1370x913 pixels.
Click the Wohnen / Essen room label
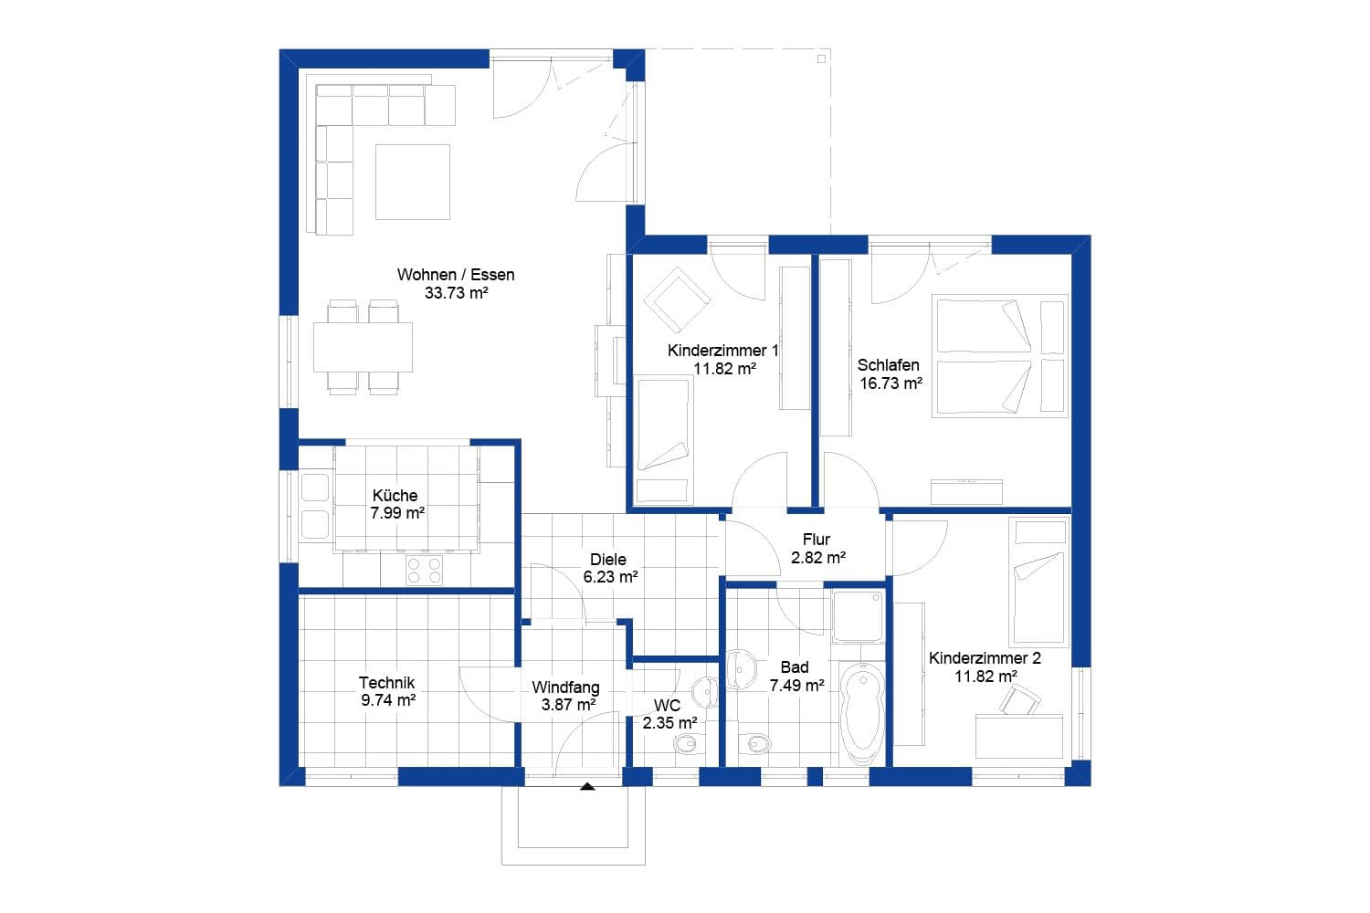456,275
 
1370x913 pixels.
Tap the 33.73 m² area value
456,293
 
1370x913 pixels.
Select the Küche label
395,496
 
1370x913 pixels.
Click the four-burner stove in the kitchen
424,570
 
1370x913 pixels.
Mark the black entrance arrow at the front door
587,784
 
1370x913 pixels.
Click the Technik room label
386,683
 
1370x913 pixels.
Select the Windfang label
565,687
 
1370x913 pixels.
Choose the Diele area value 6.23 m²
610,577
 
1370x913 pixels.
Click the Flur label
816,540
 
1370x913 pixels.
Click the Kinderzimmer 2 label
985,658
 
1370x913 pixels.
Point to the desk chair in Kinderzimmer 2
1020,700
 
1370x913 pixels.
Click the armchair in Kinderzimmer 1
675,298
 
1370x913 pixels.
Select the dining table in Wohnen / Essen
363,347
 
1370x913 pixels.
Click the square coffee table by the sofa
413,182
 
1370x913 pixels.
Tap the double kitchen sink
314,506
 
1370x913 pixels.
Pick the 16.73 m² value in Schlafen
890,383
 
